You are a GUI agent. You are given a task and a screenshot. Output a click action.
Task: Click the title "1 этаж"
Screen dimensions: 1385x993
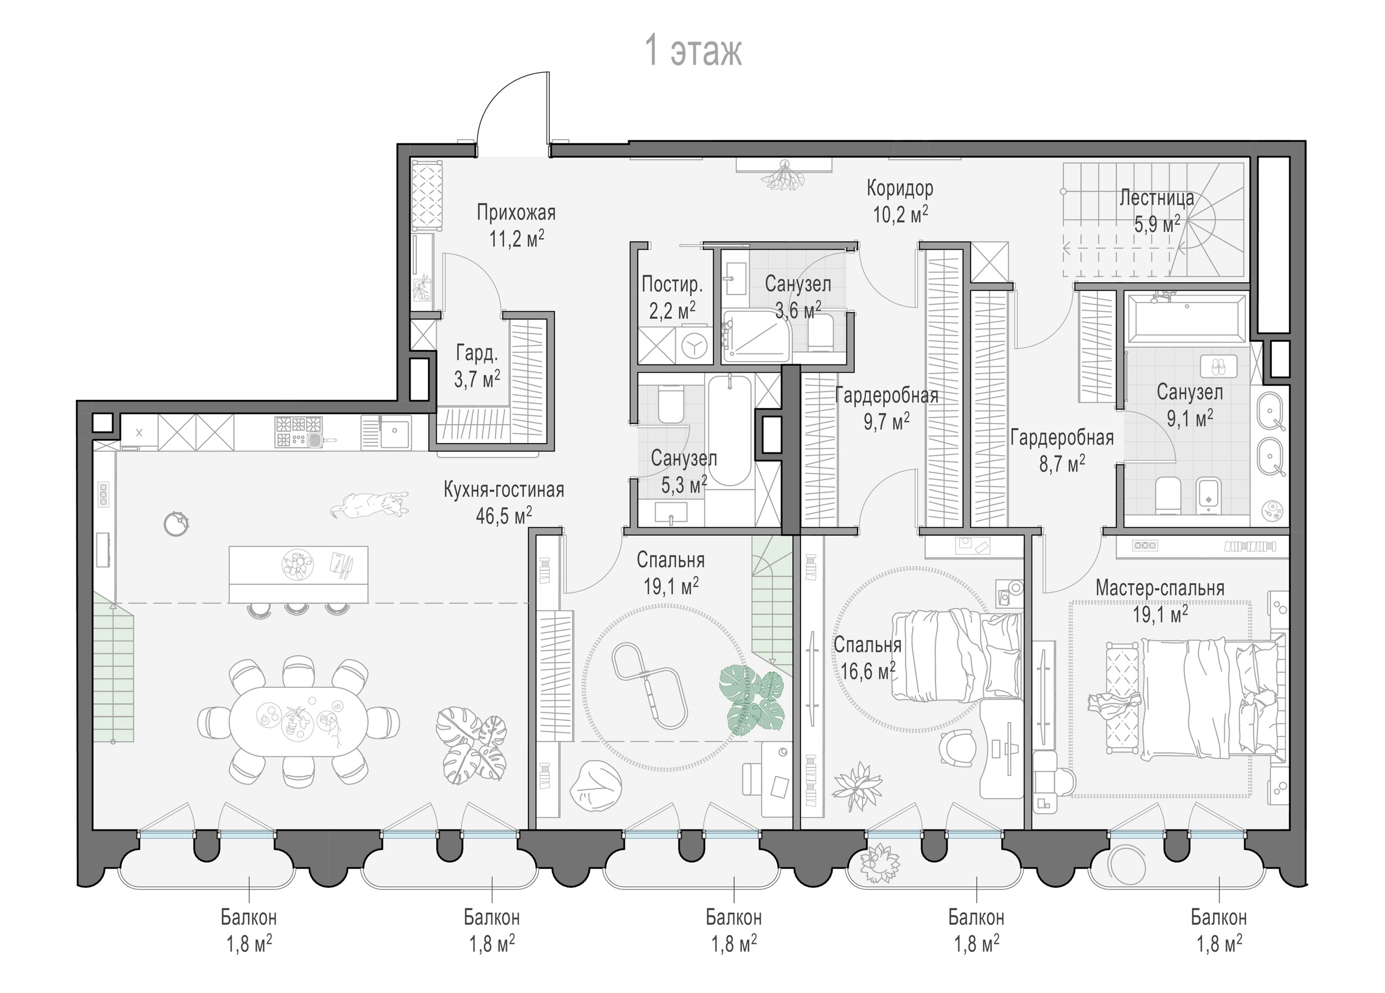pos(693,52)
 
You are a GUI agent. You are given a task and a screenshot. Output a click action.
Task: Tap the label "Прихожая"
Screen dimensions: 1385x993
pos(516,213)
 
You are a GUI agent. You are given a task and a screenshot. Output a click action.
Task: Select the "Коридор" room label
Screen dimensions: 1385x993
pos(900,189)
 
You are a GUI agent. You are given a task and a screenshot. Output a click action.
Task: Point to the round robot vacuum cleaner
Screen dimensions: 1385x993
pos(177,522)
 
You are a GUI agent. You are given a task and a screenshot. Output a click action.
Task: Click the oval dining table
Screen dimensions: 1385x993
pos(299,722)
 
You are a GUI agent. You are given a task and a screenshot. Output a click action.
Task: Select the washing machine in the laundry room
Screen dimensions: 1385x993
pos(693,346)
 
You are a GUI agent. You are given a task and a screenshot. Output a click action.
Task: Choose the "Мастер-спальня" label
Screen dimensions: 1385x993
pos(1160,588)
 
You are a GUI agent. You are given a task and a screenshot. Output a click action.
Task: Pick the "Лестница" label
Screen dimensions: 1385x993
pos(1157,198)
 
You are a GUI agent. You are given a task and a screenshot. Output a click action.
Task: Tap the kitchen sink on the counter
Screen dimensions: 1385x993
pos(387,432)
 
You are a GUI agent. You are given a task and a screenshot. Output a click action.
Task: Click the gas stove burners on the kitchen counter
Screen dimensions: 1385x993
pos(299,432)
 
